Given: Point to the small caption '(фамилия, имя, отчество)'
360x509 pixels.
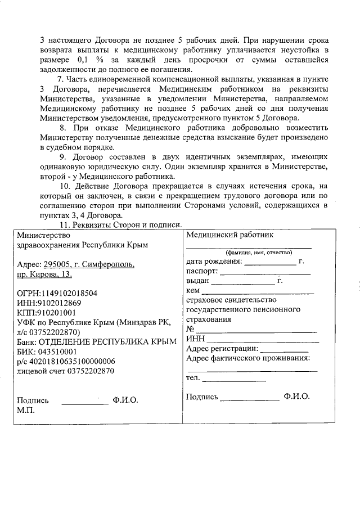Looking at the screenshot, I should [x=249, y=253].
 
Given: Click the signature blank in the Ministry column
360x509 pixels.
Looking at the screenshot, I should [x=84, y=401].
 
